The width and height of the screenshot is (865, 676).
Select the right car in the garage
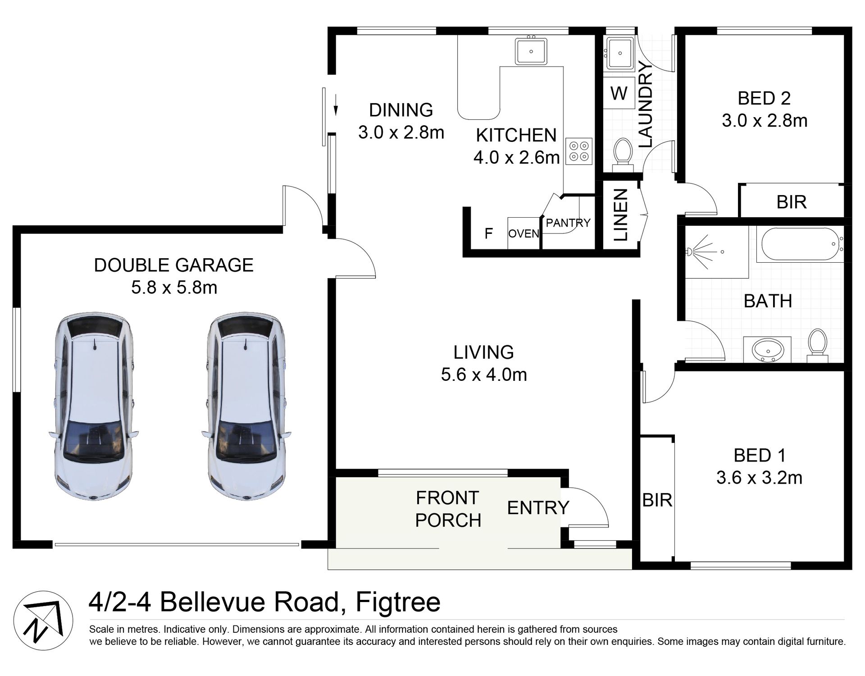(x=246, y=406)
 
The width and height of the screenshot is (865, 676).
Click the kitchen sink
(x=531, y=51)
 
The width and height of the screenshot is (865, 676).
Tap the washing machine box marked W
(x=619, y=93)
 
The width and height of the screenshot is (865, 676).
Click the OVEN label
(x=524, y=233)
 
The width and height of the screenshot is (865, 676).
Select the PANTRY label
(x=568, y=223)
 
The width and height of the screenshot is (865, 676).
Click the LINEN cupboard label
(x=621, y=215)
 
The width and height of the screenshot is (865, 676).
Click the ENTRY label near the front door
(x=538, y=508)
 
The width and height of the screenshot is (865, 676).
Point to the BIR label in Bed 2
(x=792, y=202)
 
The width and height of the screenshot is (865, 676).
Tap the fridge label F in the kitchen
(x=488, y=233)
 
